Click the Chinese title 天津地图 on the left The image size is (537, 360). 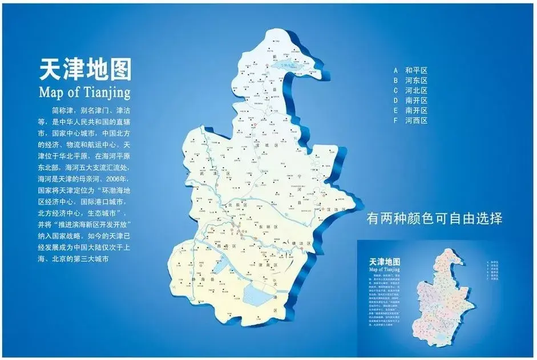[84, 70]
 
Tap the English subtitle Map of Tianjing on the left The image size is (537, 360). [84, 91]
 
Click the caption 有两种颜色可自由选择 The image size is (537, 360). [434, 219]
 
